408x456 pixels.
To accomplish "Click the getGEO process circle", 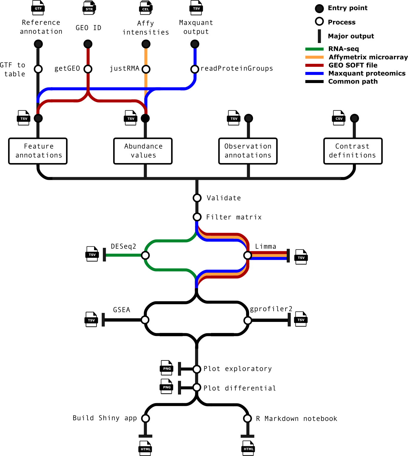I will (x=88, y=69).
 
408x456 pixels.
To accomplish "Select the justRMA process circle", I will (x=146, y=69).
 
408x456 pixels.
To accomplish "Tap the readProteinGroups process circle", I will (x=195, y=69).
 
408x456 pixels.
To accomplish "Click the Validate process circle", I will (x=197, y=198).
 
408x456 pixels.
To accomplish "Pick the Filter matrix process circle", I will (x=197, y=217).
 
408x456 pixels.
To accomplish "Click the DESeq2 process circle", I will (x=145, y=255).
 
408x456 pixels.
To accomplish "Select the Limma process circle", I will (x=247, y=255).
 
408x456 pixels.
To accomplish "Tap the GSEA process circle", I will (x=145, y=320).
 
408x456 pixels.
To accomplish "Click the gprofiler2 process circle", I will (x=248, y=320).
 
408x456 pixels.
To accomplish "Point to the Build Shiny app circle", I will (x=145, y=418).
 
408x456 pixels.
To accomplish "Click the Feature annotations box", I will (x=38, y=151).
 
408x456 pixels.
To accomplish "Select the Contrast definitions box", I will (x=353, y=151).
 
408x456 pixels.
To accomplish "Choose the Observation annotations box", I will (x=248, y=151).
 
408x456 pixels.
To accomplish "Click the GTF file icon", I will (x=38, y=8).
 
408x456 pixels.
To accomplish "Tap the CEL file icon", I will (x=145, y=8).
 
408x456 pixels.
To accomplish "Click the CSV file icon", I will (x=339, y=118).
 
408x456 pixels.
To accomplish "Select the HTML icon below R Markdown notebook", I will (x=248, y=448).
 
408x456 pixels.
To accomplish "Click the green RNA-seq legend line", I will (x=315, y=49).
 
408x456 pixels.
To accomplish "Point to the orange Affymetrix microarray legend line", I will (x=315, y=57).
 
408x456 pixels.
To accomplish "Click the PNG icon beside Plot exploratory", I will (x=167, y=368).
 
